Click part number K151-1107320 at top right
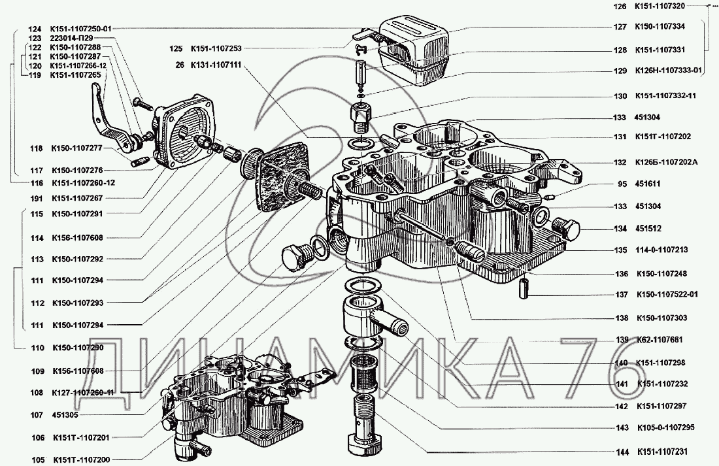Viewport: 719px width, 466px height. click(x=660, y=7)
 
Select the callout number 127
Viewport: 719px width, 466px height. click(x=620, y=27)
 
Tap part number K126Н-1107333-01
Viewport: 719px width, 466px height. click(x=668, y=71)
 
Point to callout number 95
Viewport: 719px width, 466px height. click(x=622, y=184)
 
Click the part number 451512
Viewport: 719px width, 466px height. click(x=648, y=228)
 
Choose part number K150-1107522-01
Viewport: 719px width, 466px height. click(x=667, y=294)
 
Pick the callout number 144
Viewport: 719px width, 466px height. click(x=622, y=452)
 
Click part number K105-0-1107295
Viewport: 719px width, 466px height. click(x=666, y=427)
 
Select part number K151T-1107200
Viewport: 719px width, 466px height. click(x=82, y=459)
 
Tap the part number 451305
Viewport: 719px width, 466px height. click(x=65, y=415)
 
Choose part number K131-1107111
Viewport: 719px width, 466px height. click(x=216, y=65)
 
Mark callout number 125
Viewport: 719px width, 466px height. click(x=176, y=48)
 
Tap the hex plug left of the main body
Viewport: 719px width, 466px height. click(x=293, y=258)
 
